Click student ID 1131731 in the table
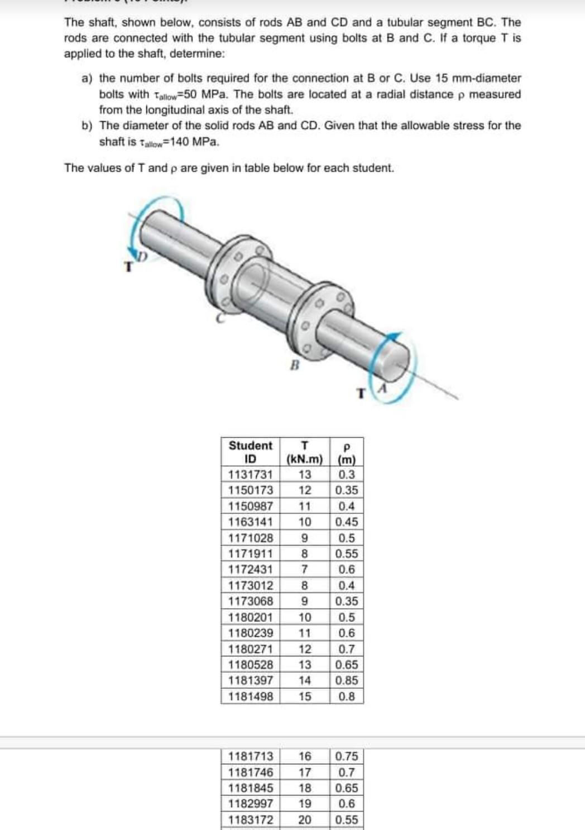click(x=251, y=475)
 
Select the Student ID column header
click(x=251, y=452)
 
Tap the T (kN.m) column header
click(x=304, y=452)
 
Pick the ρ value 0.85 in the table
click(x=347, y=681)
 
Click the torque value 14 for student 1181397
click(x=305, y=681)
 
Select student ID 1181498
click(x=251, y=697)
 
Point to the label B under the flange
click(x=296, y=366)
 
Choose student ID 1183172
click(x=251, y=820)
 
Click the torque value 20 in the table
click(x=305, y=820)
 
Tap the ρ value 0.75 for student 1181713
click(x=347, y=757)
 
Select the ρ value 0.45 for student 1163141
click(x=347, y=522)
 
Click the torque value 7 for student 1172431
click(x=305, y=570)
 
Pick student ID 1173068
click(x=251, y=601)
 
